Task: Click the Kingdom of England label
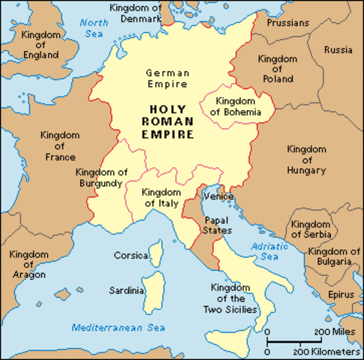[x=41, y=44]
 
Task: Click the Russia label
[x=338, y=50]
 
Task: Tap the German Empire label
[x=167, y=78]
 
